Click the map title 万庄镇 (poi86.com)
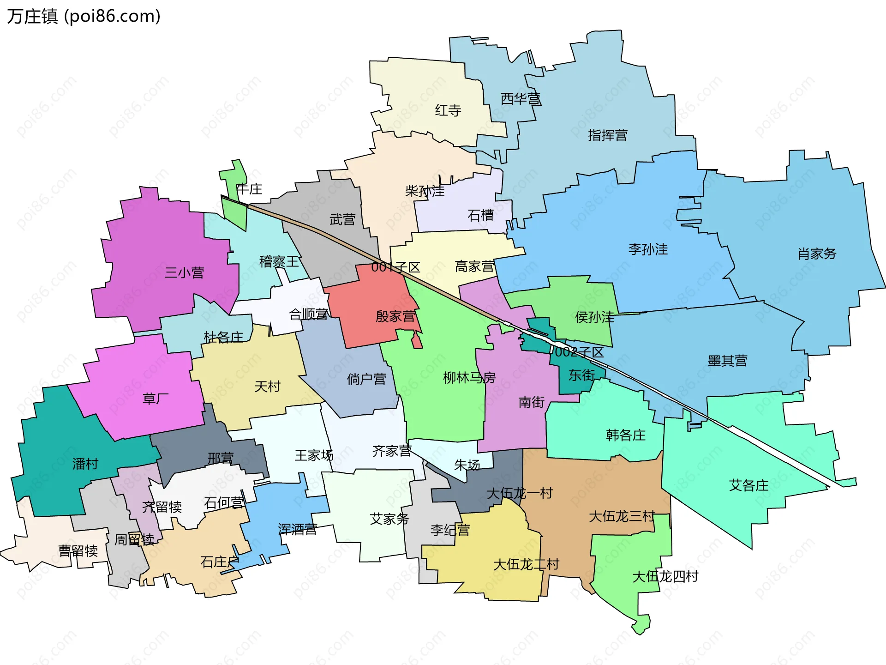[84, 16]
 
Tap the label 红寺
[448, 110]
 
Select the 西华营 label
[521, 98]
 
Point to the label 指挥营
[607, 135]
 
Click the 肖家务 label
[817, 254]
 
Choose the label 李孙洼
[648, 249]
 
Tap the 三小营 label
[184, 272]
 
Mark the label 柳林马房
[469, 378]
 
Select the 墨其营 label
[727, 361]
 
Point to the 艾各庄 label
[748, 485]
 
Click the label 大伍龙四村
[665, 576]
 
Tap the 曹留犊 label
[78, 550]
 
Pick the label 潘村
[85, 464]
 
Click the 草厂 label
[156, 399]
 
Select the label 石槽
[480, 215]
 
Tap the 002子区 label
[579, 352]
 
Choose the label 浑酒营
[297, 529]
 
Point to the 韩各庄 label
[625, 435]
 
